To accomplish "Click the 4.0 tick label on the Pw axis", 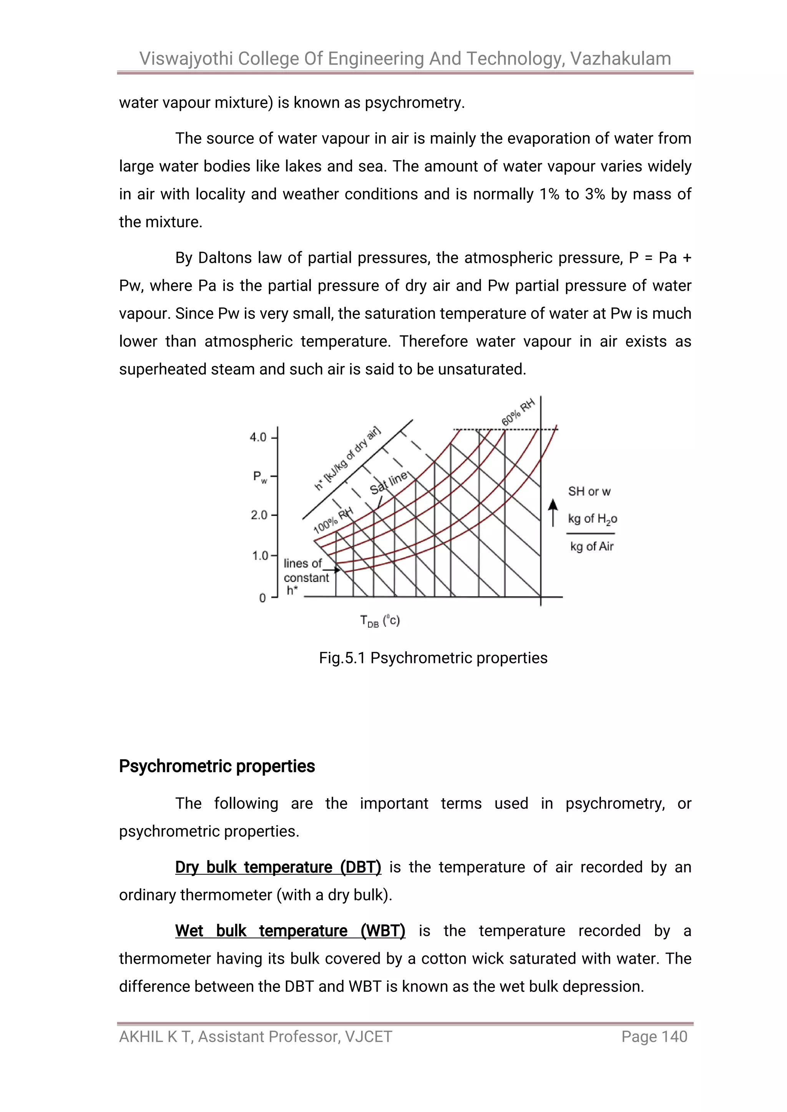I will pos(258,438).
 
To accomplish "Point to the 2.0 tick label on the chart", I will pos(259,515).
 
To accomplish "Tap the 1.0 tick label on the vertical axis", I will pos(260,555).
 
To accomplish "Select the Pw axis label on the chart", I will pos(260,477).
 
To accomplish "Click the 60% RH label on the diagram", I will pos(518,412).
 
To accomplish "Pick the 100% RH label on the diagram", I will pos(334,520).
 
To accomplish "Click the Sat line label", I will pos(389,482).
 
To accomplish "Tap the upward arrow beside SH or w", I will pos(553,512).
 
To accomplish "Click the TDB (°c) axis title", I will pos(380,621).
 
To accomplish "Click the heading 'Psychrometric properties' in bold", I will pos(217,766).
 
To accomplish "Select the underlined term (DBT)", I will pos(360,867).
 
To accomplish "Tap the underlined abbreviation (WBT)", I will pos(382,931).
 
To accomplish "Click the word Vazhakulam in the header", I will pos(620,59).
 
